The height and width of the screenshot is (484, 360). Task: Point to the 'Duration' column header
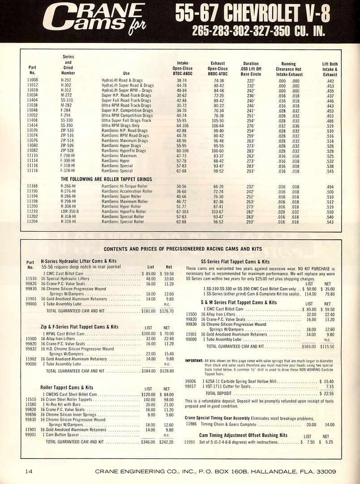pos(251,69)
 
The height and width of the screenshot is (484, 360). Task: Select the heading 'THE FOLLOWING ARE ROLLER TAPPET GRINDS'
pos(106,179)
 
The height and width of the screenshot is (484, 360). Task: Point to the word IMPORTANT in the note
pos(193,360)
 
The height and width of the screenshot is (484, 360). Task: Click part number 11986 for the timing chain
pos(191,423)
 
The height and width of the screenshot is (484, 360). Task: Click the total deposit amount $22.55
pos(328,393)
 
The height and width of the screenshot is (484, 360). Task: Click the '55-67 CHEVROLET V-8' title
pos(253,14)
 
